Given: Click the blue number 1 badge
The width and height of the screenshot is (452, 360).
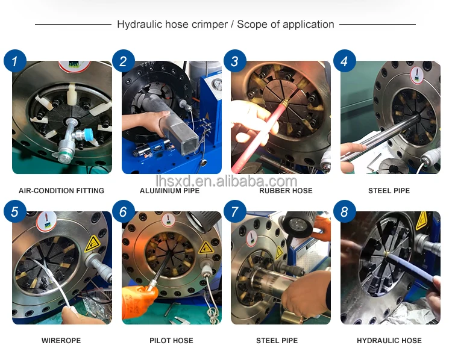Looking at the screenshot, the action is click(15, 61).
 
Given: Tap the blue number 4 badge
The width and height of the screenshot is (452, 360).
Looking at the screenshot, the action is click(345, 61).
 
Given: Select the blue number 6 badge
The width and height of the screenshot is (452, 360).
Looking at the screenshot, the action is click(124, 212).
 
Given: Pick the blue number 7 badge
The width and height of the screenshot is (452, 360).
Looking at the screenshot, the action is click(235, 212).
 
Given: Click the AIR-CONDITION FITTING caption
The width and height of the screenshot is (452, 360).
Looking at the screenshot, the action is click(61, 191).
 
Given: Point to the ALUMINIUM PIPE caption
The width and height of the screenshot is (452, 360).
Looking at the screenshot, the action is click(169, 191).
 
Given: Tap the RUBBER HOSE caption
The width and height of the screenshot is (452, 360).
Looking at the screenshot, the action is click(286, 191).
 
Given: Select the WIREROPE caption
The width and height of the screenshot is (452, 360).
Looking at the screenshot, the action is click(61, 341).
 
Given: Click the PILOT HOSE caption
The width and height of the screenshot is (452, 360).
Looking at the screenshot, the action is click(171, 341).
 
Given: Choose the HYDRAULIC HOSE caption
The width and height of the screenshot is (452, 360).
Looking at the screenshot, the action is click(389, 341).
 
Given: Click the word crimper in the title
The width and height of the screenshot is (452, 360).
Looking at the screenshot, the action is click(210, 25).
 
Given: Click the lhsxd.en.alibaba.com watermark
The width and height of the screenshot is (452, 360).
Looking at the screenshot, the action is click(226, 181).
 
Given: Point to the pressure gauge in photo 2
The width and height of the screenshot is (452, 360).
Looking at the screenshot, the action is click(216, 85).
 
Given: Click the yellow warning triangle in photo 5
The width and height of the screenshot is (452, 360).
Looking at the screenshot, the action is click(92, 244).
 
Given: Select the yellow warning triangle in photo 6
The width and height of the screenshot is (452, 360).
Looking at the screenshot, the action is click(206, 247).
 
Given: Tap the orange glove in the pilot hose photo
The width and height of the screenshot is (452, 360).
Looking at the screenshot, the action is click(139, 302).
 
